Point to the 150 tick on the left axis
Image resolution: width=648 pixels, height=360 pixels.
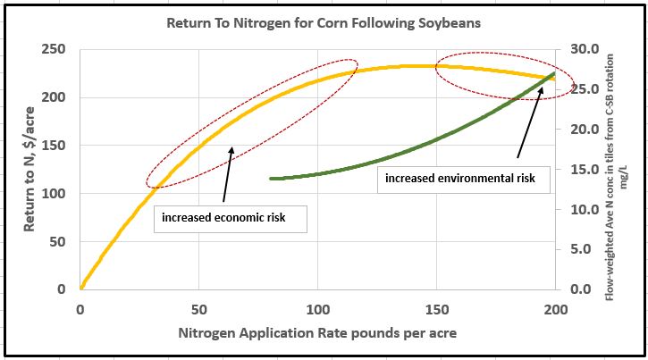pos(55,145)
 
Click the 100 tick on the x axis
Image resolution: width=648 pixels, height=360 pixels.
pos(318,310)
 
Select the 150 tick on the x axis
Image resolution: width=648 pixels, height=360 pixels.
pos(437,310)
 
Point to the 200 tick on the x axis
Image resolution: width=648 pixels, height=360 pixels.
pos(555,310)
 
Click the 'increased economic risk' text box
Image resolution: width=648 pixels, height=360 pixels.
pos(230,217)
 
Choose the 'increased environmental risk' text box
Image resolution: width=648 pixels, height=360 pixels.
pos(459,179)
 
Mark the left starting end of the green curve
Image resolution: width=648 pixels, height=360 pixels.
pos(271,179)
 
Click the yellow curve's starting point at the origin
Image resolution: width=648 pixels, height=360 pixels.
pos(81,288)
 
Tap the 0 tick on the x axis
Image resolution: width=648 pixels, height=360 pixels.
pos(80,310)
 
